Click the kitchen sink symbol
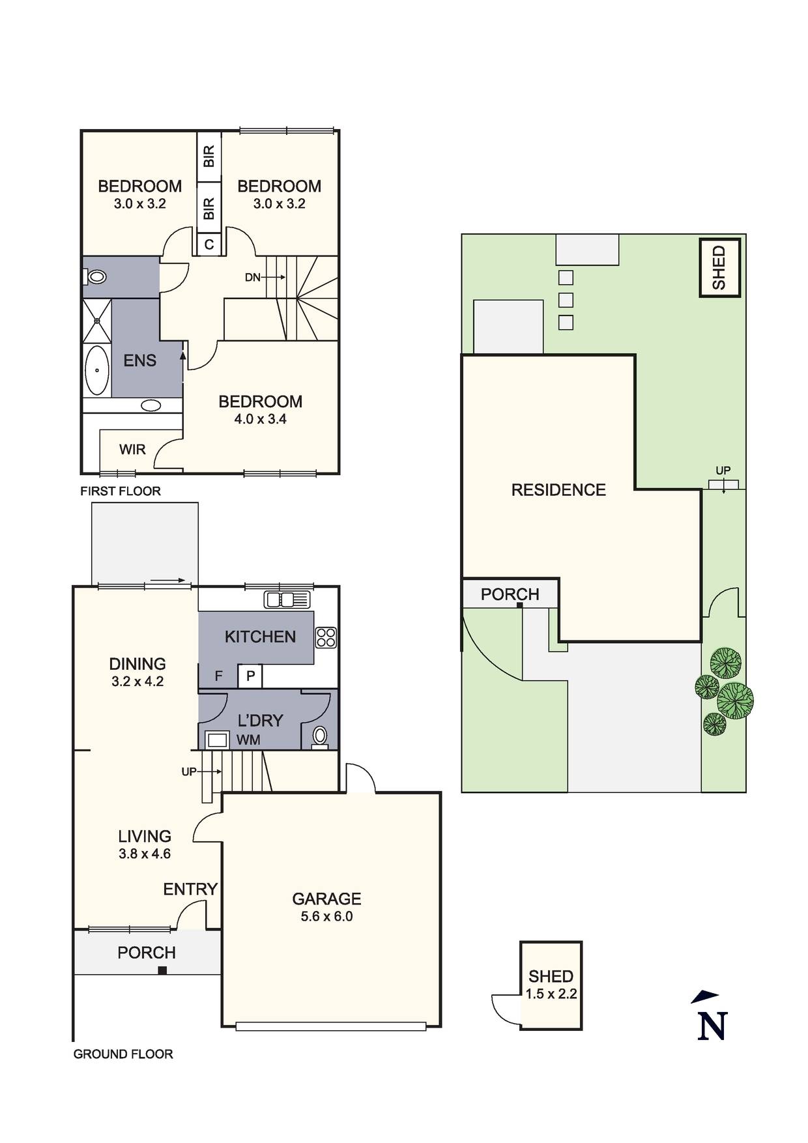click(x=287, y=598)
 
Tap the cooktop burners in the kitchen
click(x=326, y=637)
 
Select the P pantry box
click(x=250, y=676)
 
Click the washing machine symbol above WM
click(x=217, y=740)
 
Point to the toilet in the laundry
click(x=320, y=736)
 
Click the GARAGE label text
click(x=326, y=899)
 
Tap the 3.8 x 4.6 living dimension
click(x=145, y=854)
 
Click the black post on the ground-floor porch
click(x=162, y=970)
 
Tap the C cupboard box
click(x=209, y=245)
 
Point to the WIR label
click(x=132, y=450)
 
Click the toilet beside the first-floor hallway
click(x=96, y=277)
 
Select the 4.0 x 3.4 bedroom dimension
click(x=260, y=419)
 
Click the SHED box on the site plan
click(x=719, y=268)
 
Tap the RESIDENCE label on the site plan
click(x=558, y=490)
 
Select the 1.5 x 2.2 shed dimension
click(x=551, y=994)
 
